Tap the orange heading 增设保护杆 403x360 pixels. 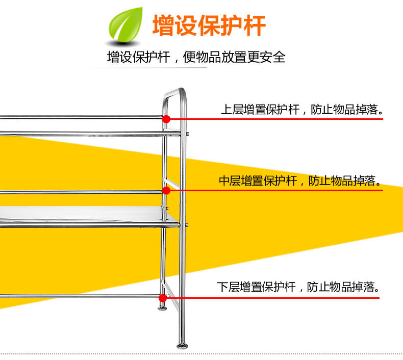209,25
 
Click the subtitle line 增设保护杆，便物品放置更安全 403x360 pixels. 196,57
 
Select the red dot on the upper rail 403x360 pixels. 166,119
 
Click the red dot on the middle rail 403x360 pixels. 166,191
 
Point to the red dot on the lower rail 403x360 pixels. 163,298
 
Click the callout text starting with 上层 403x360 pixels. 301,110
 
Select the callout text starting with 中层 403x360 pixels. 300,181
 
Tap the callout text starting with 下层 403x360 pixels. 299,287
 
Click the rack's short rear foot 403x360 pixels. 162,307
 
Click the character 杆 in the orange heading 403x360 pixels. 255,25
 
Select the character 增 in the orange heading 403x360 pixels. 163,25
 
